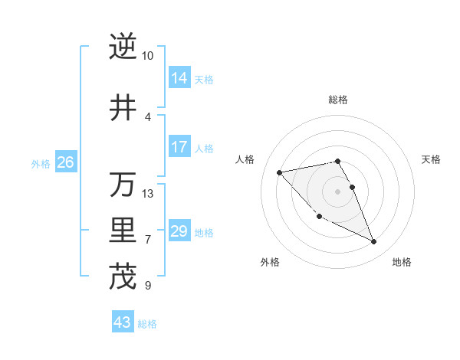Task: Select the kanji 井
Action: (123, 108)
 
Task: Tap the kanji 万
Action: (123, 185)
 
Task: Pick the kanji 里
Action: (123, 231)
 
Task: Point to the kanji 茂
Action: (123, 277)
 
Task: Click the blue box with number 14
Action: (179, 77)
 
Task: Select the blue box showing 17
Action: (179, 147)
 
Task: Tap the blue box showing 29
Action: (179, 231)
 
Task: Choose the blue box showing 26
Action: (65, 162)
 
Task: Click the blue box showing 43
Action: (123, 322)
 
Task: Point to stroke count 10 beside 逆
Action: (148, 56)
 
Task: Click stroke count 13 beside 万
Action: (148, 194)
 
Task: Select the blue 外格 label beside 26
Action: (40, 163)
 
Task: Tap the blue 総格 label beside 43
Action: (147, 324)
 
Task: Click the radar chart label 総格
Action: (338, 100)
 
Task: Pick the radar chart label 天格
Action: (431, 159)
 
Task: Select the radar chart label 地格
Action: (402, 263)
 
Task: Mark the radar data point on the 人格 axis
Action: (279, 172)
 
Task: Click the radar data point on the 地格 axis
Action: (374, 242)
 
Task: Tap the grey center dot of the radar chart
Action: (338, 191)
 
